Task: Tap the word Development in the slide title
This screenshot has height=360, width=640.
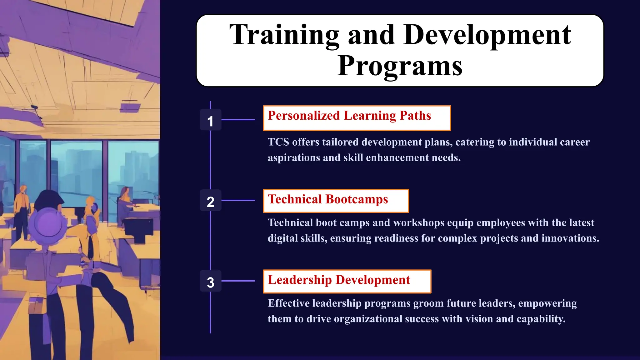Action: [487, 35]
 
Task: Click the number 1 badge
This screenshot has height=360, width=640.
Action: [210, 120]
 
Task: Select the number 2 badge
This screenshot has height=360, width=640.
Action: [210, 201]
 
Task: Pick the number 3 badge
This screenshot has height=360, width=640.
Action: [210, 282]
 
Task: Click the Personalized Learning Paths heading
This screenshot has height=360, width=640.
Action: [349, 116]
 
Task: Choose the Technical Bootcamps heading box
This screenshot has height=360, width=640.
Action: [328, 200]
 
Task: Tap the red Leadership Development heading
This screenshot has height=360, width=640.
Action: [339, 280]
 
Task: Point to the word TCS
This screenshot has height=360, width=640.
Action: [278, 142]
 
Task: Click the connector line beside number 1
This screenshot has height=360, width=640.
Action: [238, 120]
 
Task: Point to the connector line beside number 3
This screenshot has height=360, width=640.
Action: [238, 281]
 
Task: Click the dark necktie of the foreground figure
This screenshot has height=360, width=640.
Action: [90, 247]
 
